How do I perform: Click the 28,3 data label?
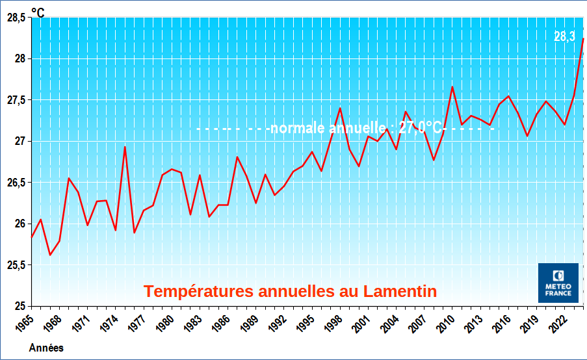click(564, 37)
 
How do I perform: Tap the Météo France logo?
click(558, 283)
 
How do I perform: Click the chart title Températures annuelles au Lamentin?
click(290, 292)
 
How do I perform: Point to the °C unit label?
click(38, 12)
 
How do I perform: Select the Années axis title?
click(46, 348)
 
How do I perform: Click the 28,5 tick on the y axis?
click(16, 18)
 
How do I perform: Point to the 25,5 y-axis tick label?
click(16, 265)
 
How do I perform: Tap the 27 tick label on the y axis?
click(20, 142)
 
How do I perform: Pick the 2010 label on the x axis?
click(443, 323)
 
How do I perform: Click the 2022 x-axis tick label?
click(554, 323)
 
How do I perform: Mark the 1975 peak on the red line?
click(125, 147)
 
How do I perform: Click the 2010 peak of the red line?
click(452, 86)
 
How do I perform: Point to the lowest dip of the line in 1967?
click(50, 255)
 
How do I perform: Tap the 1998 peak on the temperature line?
click(340, 108)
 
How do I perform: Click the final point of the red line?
click(583, 38)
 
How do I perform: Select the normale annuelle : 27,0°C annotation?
click(355, 128)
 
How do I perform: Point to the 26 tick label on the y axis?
click(20, 224)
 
